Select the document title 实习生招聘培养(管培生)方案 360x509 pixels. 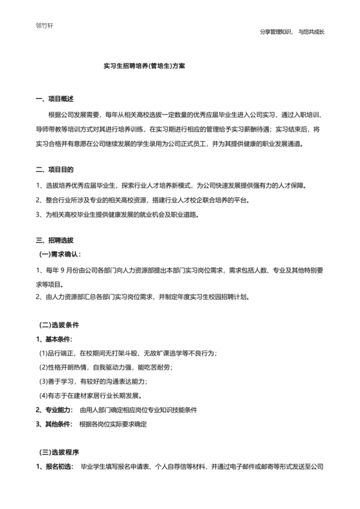coord(144,66)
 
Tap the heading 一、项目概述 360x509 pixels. coord(55,99)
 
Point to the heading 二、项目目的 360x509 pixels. coord(55,170)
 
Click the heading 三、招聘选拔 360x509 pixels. coord(55,240)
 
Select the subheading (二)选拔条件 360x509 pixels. coord(59,325)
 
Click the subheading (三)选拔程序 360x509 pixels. coord(59,452)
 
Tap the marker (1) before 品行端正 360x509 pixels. coord(44,353)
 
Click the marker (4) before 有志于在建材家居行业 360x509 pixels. coord(44,396)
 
